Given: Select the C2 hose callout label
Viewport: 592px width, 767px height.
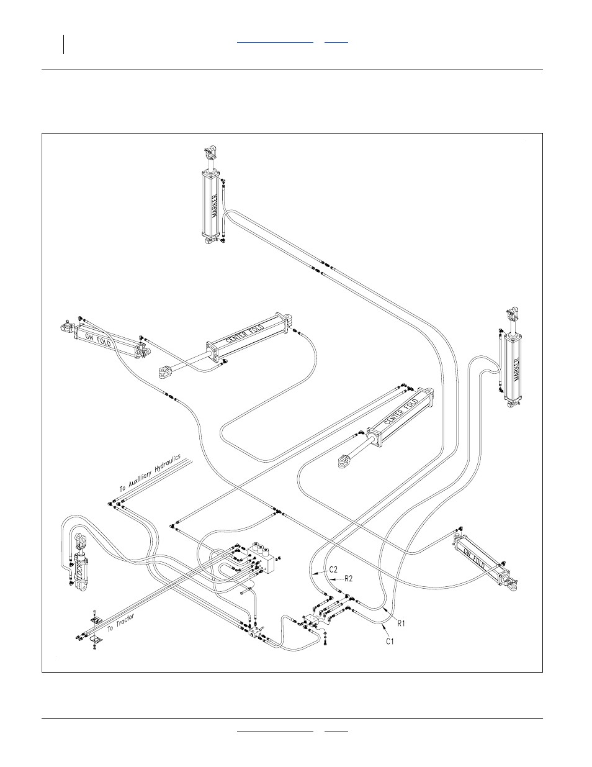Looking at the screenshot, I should coord(333,569).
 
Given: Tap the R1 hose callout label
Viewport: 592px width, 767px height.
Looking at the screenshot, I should coord(401,620).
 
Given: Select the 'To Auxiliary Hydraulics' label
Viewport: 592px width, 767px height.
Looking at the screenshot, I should coord(149,473).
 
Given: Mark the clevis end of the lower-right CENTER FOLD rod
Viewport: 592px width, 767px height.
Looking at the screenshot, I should coord(344,461).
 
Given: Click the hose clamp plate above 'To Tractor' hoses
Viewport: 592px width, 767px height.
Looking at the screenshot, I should coord(94,620).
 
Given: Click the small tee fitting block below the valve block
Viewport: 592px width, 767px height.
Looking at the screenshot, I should coord(256,633).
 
